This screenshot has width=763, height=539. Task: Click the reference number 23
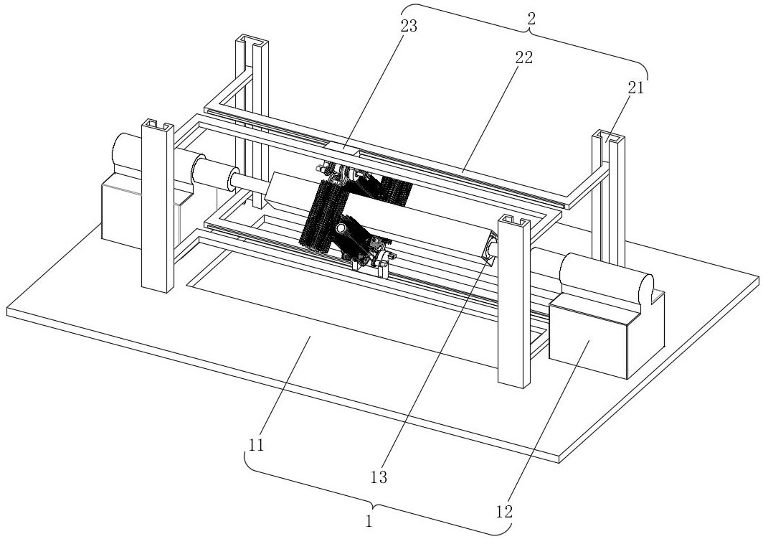point(409,27)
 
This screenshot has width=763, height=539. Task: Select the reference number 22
point(524,57)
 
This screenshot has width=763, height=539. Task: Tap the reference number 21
point(635,88)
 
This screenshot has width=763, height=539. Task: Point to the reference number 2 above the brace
point(532,19)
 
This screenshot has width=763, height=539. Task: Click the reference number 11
point(257,445)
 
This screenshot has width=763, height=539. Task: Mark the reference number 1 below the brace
point(369,522)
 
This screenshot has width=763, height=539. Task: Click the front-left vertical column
point(157,206)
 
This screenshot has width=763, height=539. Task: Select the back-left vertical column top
point(252,42)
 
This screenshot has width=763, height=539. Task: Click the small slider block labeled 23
point(343,146)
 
